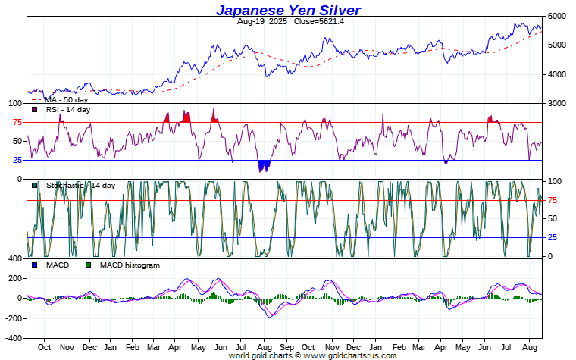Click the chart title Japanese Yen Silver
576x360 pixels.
click(x=288, y=10)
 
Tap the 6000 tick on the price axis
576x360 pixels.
click(x=557, y=16)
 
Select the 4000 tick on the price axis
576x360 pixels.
click(x=557, y=74)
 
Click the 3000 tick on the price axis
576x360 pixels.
click(x=557, y=103)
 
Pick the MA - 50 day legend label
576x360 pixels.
click(x=66, y=99)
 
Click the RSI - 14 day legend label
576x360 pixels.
click(x=68, y=110)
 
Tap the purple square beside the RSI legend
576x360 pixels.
click(x=35, y=110)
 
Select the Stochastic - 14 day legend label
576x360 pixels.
click(x=80, y=186)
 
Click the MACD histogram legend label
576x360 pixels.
click(x=130, y=265)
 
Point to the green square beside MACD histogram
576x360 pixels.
click(x=88, y=265)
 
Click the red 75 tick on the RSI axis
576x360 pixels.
click(x=17, y=122)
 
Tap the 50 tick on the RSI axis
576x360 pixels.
click(x=17, y=141)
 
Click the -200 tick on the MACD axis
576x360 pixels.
click(x=13, y=318)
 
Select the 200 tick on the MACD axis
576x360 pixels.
click(x=14, y=279)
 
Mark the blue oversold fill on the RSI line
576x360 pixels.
click(x=264, y=165)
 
